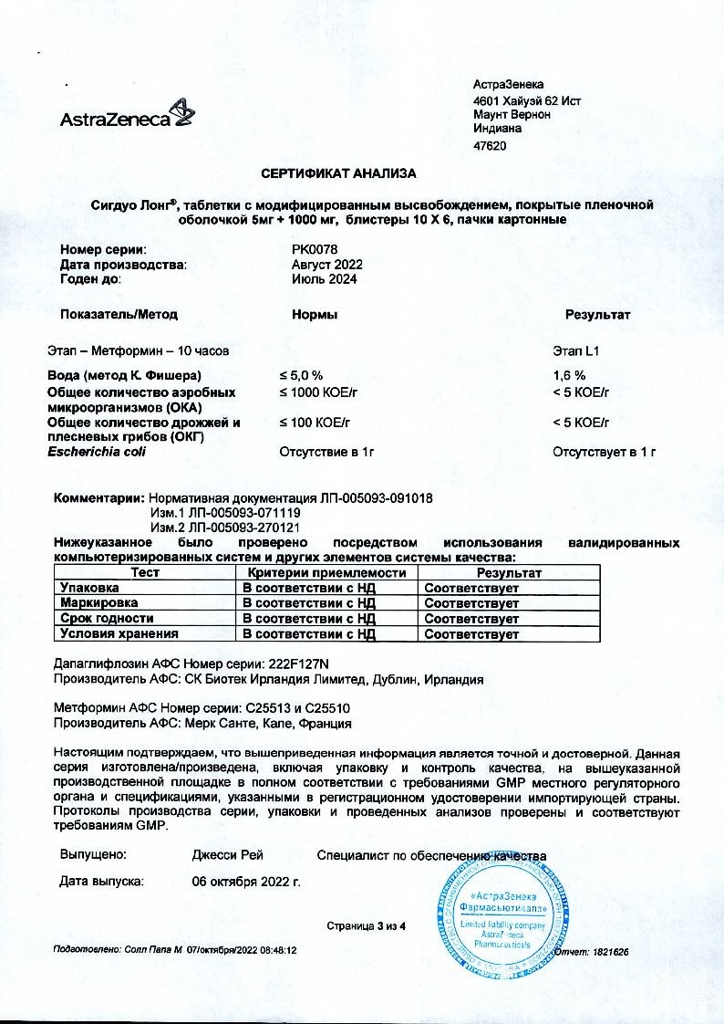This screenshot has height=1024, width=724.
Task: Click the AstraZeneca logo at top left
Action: coord(127,116)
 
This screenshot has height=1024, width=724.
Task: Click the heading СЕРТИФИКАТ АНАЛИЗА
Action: coord(338,172)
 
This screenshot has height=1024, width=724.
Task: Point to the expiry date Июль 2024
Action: coord(318,279)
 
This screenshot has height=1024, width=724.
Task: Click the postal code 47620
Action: coord(491,146)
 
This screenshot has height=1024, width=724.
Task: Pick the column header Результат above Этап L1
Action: coord(597,315)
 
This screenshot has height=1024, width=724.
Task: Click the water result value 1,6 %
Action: coord(569,375)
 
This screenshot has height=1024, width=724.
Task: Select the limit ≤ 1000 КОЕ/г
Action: coord(315,392)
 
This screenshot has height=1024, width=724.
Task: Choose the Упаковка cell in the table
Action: coord(88,588)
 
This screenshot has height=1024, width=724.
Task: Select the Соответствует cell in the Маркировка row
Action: coord(471,603)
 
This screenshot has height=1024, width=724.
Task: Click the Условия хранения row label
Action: coord(119,633)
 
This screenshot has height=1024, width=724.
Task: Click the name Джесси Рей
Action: coord(227,855)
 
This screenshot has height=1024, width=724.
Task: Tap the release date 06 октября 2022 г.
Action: coord(245,883)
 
